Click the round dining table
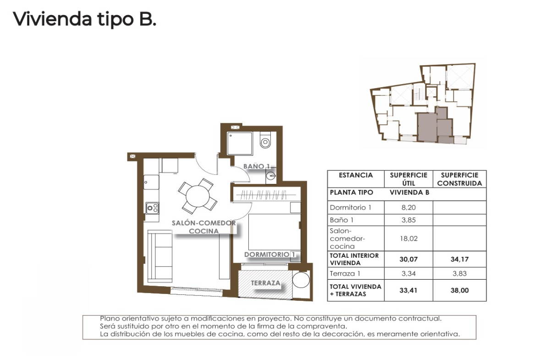197,197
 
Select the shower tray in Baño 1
240,143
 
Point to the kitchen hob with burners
153,208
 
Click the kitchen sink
151,182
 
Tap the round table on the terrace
301,280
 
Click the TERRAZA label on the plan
266,283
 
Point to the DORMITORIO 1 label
270,255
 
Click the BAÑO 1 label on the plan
257,166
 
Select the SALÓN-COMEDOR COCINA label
204,227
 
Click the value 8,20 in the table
409,207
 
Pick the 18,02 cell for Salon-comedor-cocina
409,238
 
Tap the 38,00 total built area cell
459,290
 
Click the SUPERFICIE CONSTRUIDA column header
459,179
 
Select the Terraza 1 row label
345,273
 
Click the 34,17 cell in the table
459,259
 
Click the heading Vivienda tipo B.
84,19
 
